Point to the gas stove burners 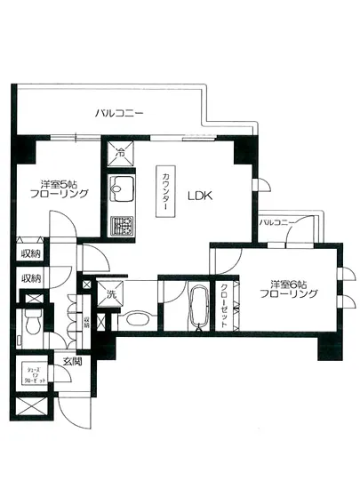point(121,225)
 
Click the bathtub point(197,307)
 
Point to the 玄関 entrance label point(71,360)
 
